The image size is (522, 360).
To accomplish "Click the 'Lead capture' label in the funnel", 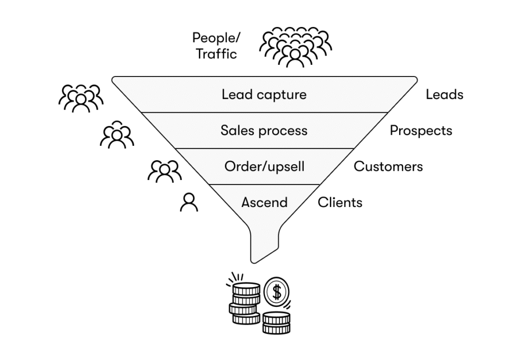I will point(264,94).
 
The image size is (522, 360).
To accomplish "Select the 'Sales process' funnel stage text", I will point(264,131).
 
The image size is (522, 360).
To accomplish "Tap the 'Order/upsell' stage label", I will point(264,166).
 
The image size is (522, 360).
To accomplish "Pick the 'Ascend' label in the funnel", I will point(264,202).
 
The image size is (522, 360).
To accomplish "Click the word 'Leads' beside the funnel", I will point(445,94).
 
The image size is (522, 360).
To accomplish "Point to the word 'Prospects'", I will point(421,131).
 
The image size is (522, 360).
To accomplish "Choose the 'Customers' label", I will point(388,166).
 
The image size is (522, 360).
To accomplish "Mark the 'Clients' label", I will point(340,202).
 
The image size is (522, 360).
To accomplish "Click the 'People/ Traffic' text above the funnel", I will point(216,45).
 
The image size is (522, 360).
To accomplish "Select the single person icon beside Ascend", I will point(189,202).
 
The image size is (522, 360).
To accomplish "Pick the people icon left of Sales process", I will point(117,135).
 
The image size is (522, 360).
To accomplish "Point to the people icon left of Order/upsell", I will point(164,171).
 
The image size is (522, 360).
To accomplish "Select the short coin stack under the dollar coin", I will point(276,322).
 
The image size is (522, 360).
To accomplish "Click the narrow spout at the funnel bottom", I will point(264,245).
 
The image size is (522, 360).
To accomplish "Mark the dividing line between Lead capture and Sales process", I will point(264,112).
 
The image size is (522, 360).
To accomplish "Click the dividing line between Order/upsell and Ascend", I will point(264,184).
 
